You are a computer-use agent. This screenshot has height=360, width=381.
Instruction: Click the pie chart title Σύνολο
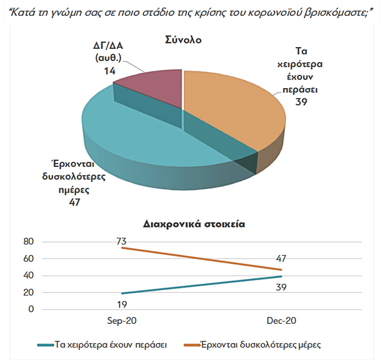click(x=183, y=41)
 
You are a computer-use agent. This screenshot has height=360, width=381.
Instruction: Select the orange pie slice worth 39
click(x=229, y=106)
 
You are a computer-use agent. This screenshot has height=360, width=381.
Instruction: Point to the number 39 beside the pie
click(x=301, y=102)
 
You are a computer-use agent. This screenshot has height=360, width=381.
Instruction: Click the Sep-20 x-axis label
click(x=122, y=321)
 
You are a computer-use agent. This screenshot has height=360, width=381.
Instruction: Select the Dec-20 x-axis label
click(x=282, y=321)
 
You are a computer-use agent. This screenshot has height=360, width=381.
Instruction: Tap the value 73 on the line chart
click(x=122, y=241)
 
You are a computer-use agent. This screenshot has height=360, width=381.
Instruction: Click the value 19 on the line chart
click(x=122, y=304)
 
